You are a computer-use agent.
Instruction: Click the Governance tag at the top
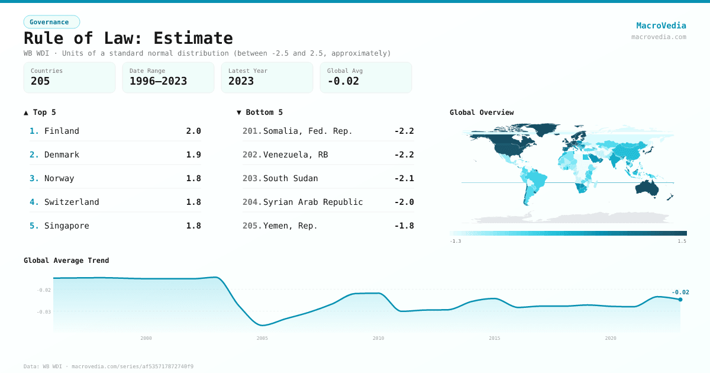(x=51, y=22)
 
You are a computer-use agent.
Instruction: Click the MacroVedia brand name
(x=661, y=25)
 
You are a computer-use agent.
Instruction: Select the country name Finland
(x=62, y=131)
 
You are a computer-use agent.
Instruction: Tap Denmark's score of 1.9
(x=193, y=155)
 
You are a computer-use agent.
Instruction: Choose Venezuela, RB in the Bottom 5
(x=295, y=155)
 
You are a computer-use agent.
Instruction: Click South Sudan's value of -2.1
(x=404, y=178)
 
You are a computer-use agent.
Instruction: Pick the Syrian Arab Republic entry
(x=313, y=202)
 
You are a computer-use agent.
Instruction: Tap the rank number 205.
(x=251, y=226)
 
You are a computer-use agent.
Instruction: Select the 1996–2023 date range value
(x=158, y=81)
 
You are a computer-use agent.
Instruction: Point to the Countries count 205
(x=40, y=81)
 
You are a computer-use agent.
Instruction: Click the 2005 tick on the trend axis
(x=262, y=338)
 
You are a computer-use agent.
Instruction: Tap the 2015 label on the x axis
(x=494, y=338)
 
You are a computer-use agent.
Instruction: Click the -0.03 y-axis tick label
(x=44, y=312)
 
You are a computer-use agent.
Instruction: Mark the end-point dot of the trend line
(x=680, y=300)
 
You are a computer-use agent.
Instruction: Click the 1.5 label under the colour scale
(x=682, y=242)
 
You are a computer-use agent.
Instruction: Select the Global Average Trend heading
(x=66, y=261)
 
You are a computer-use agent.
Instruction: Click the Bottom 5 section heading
(x=260, y=112)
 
